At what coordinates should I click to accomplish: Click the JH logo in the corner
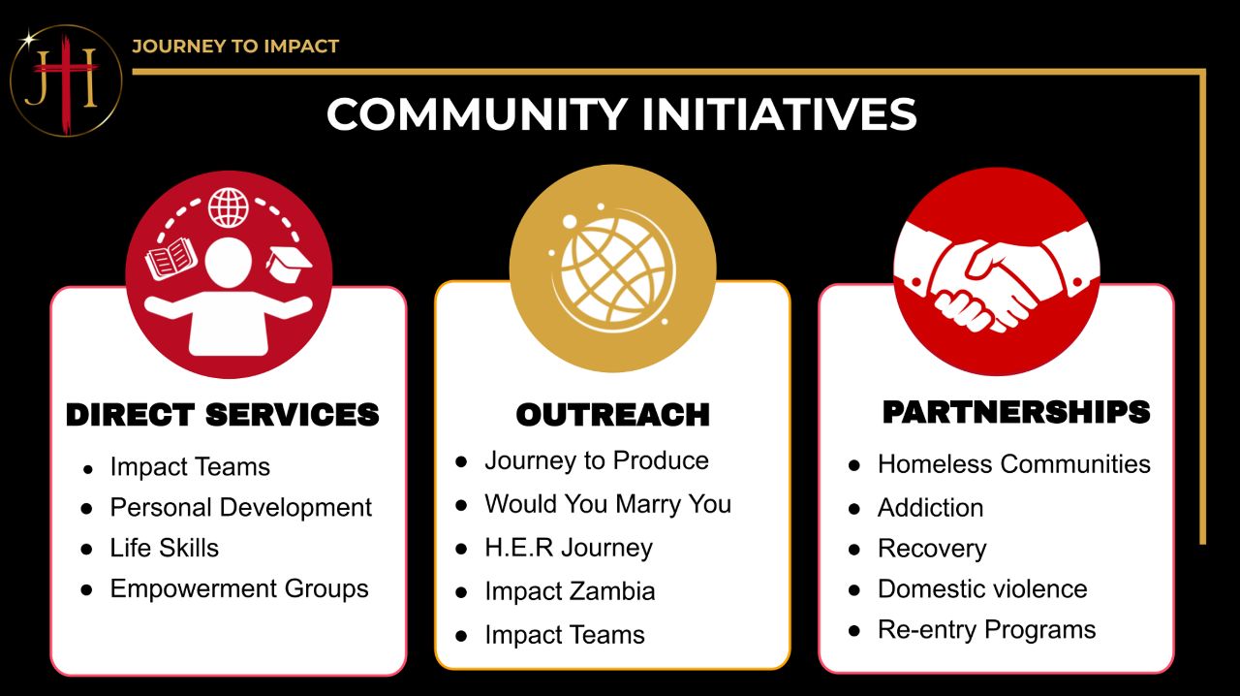click(x=66, y=80)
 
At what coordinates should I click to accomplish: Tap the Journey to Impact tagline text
click(x=235, y=46)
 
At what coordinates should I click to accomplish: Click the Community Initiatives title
click(x=621, y=114)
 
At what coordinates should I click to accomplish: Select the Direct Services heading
click(x=223, y=415)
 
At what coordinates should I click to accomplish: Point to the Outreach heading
click(x=613, y=415)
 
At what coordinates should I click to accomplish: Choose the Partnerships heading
click(x=1016, y=412)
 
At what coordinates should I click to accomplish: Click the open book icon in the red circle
click(x=171, y=258)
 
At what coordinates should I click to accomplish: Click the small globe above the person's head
click(x=228, y=207)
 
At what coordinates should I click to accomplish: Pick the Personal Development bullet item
click(x=241, y=508)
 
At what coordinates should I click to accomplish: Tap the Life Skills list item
click(x=165, y=548)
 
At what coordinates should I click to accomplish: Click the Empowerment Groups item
click(x=239, y=589)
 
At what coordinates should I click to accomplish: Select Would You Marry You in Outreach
click(x=607, y=505)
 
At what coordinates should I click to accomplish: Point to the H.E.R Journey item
click(x=569, y=548)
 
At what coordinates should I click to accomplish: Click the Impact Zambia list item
click(x=570, y=591)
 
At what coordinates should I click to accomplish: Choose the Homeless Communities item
click(x=1014, y=464)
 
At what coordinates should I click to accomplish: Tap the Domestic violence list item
click(x=982, y=589)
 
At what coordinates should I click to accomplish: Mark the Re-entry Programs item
click(x=986, y=630)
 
